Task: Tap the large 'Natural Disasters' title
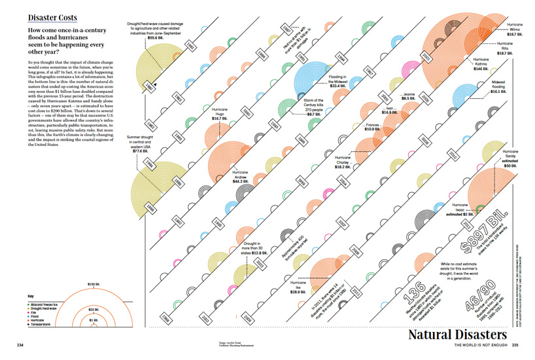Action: pyautogui.click(x=462, y=334)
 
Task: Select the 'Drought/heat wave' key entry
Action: pyautogui.click(x=48, y=308)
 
